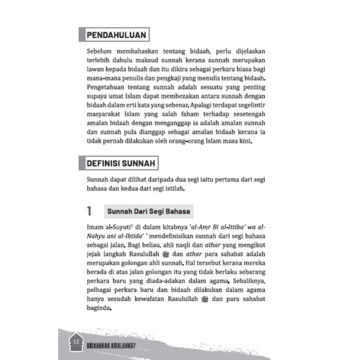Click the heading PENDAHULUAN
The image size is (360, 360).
click(116, 35)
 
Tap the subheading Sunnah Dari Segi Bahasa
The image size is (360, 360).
click(148, 211)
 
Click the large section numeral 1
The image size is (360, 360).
click(89, 211)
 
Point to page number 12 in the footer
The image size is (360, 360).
click(76, 341)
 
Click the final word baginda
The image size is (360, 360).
click(99, 309)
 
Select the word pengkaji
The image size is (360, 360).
click(179, 78)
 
